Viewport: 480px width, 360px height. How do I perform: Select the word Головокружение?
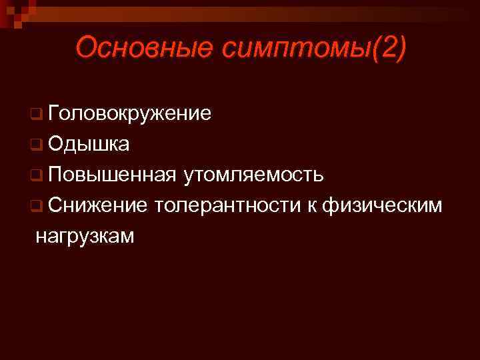(x=129, y=113)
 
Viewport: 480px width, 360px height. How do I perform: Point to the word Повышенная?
(x=111, y=175)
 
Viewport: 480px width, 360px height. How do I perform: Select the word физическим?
(x=381, y=205)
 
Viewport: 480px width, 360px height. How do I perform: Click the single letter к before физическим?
(x=311, y=206)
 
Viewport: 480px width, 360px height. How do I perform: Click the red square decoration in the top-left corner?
(x=13, y=11)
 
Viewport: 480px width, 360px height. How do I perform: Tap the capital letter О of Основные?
(x=86, y=48)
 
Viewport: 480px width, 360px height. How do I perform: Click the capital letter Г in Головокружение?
(x=53, y=113)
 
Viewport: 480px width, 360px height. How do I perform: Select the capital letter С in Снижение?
(x=54, y=205)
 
